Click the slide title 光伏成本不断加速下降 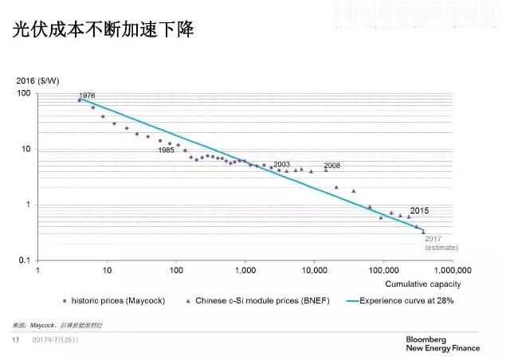point(103,30)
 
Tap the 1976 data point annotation point(88,96)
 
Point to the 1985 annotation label point(166,150)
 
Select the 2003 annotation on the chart point(281,164)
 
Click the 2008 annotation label point(332,165)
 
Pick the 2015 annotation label point(420,210)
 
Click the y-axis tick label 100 point(24,94)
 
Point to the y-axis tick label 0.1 point(24,261)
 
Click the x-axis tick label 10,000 point(314,271)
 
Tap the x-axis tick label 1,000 point(245,271)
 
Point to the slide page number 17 point(14,340)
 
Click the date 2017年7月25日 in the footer point(56,340)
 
